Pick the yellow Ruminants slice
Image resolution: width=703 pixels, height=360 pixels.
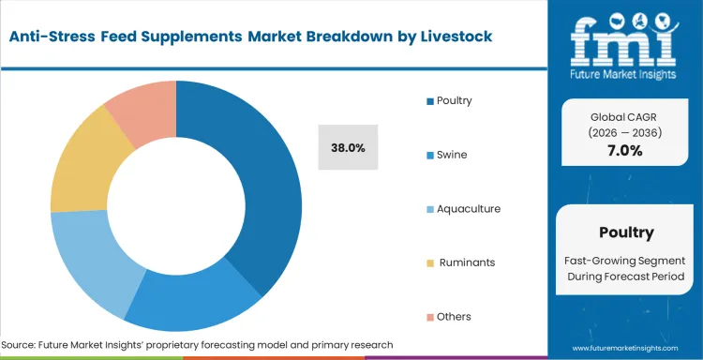[80, 169]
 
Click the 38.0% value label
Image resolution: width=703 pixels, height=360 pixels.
[348, 148]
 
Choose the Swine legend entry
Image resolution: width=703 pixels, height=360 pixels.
[450, 155]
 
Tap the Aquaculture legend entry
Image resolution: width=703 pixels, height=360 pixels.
[463, 208]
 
